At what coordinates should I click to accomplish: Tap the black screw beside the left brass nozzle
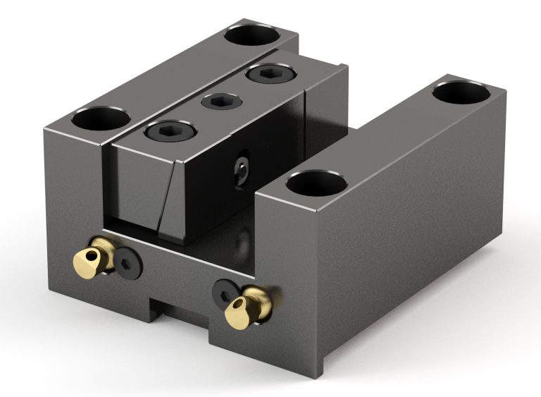(x=130, y=262)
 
